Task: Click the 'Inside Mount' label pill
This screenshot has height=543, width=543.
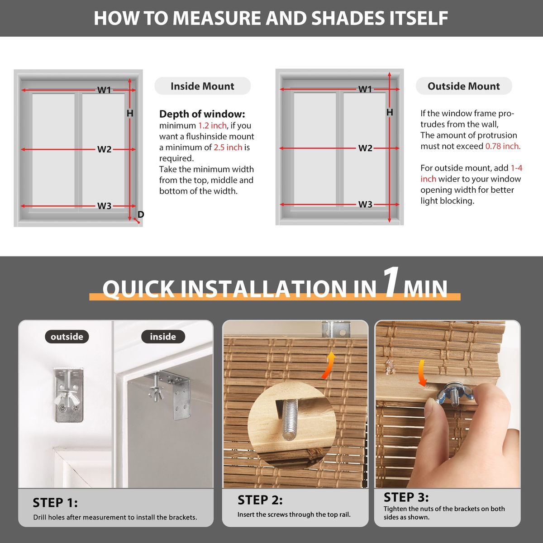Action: point(202,86)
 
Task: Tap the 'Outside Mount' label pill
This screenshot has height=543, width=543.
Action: point(463,86)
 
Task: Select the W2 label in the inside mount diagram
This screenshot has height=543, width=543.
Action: point(104,149)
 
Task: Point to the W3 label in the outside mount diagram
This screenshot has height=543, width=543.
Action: point(365,204)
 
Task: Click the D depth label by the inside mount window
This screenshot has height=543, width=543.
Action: point(141,214)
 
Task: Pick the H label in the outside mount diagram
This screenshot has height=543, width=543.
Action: point(390,112)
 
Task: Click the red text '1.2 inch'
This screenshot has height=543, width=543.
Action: point(213,125)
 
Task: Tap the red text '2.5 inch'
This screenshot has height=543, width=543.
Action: point(228,148)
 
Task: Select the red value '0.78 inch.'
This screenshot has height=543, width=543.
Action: point(503,146)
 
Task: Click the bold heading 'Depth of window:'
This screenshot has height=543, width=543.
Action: point(202,114)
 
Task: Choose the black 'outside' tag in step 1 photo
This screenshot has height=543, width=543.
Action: point(67,337)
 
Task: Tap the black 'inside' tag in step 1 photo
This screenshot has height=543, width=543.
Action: point(163,337)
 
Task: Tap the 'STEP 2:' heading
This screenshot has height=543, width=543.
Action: point(260,500)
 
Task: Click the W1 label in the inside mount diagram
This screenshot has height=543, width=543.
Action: point(104,90)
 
